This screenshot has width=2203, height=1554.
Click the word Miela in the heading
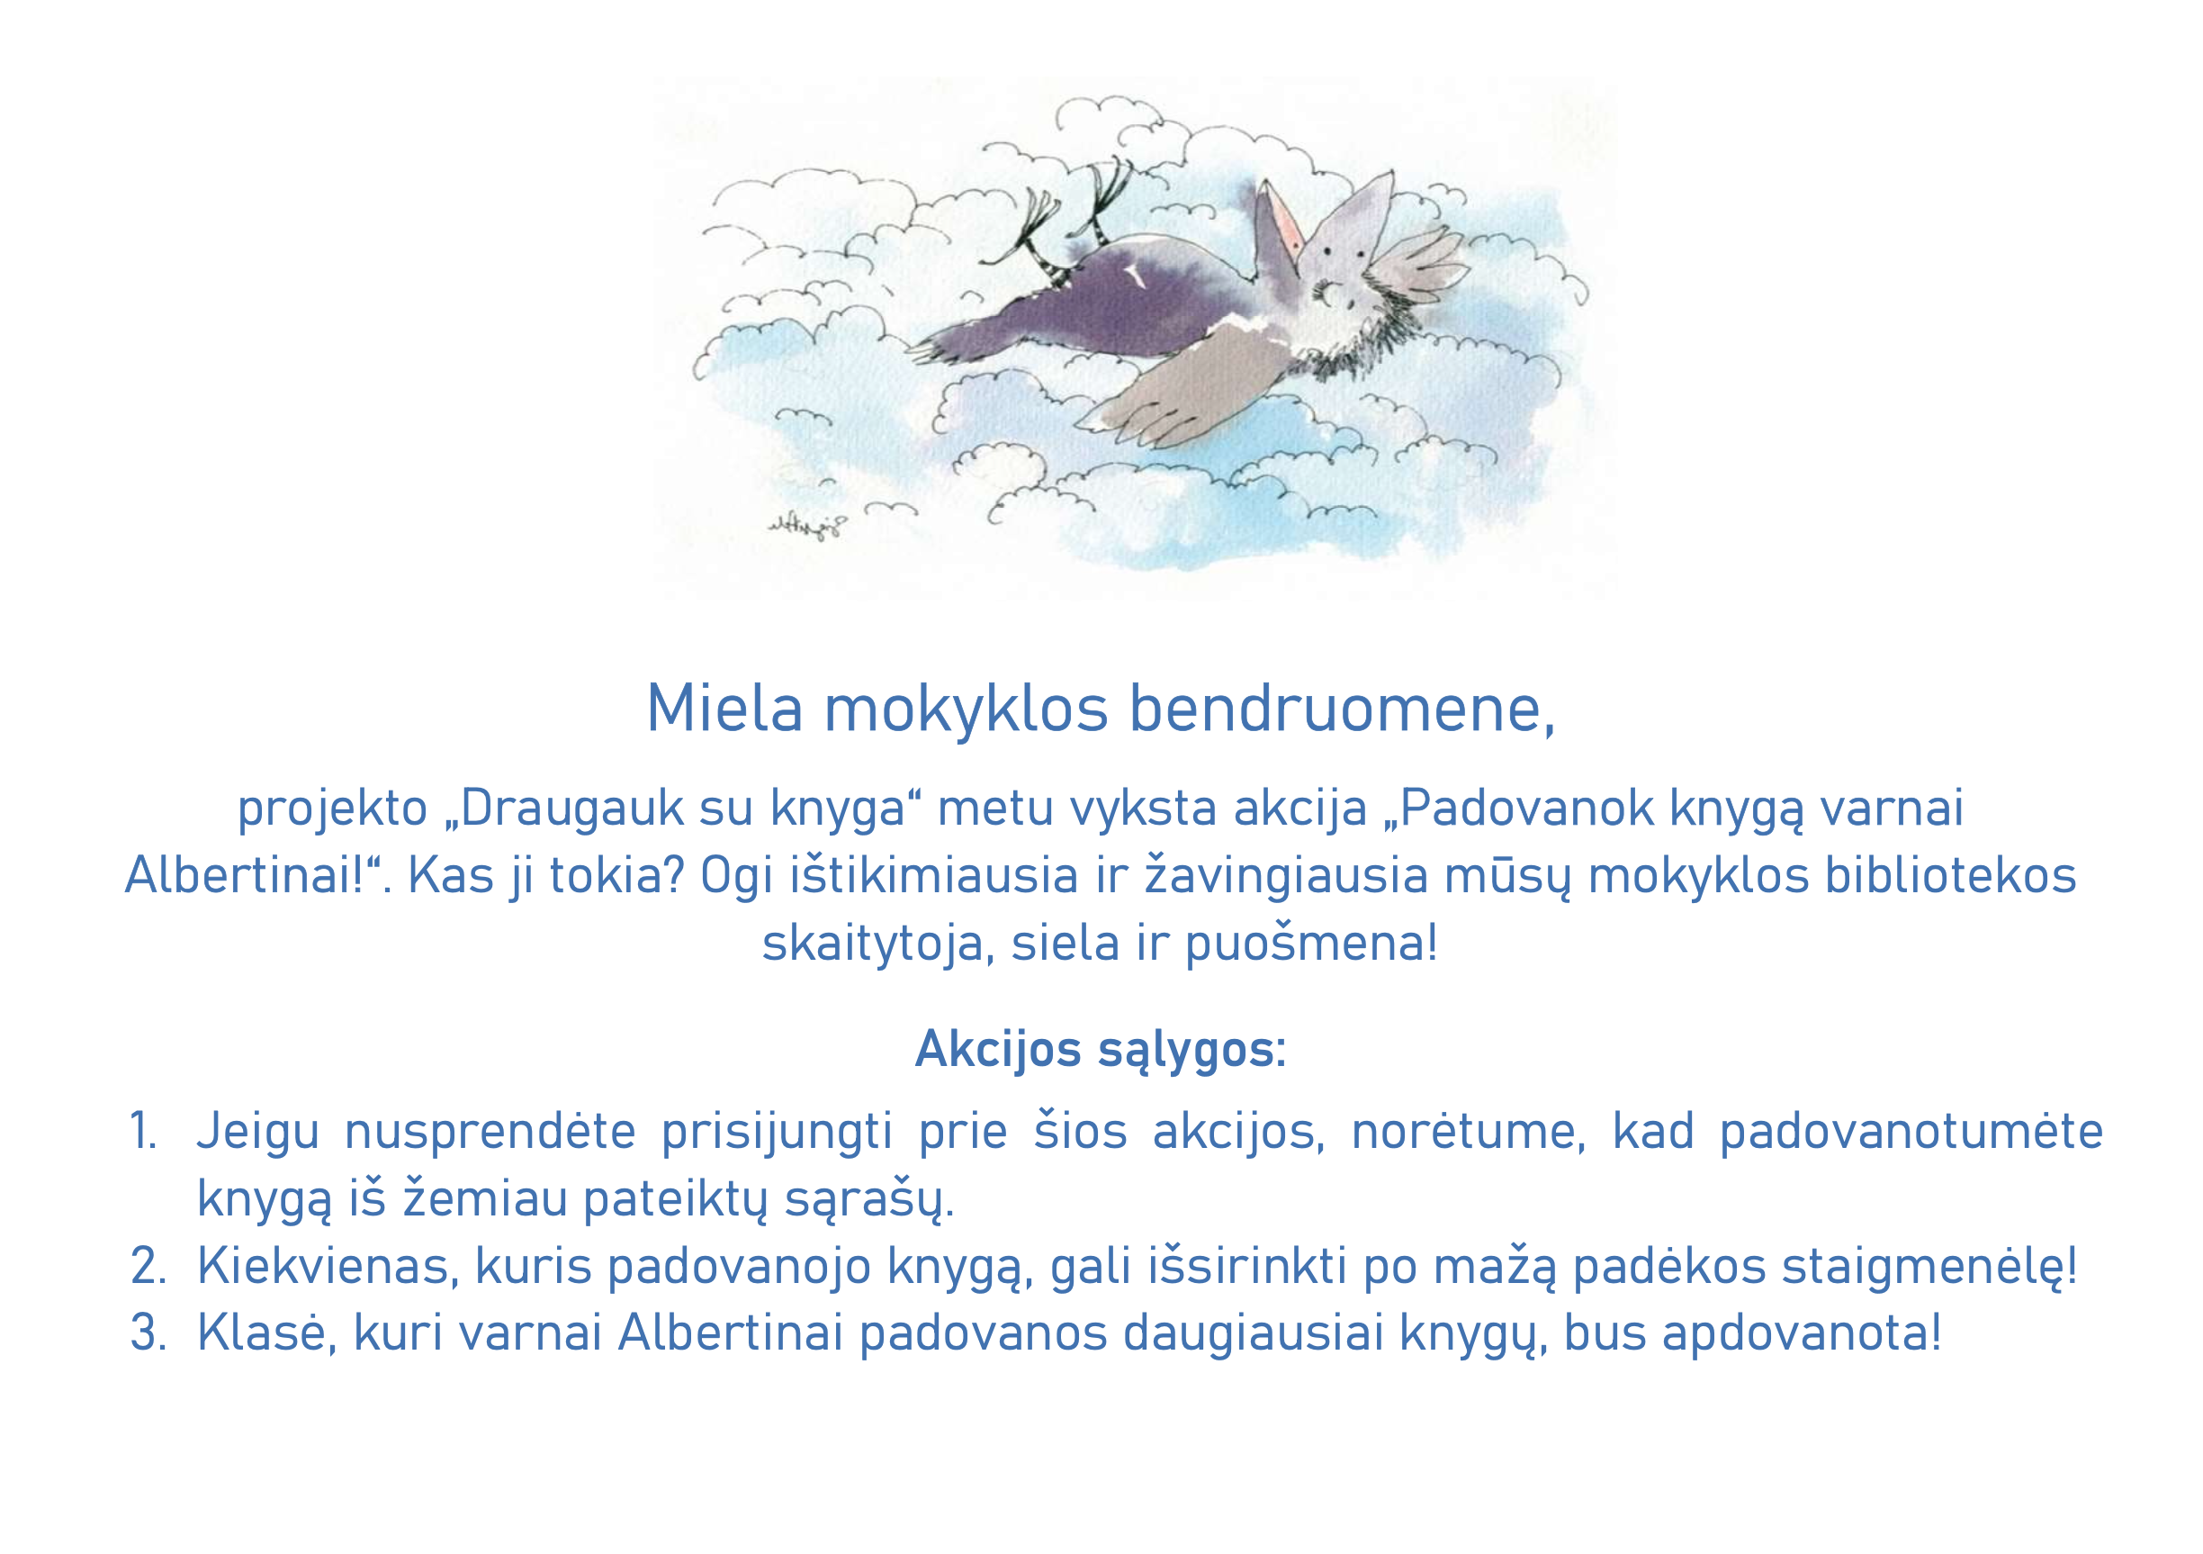(x=724, y=709)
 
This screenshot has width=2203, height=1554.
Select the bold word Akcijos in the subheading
(x=998, y=1049)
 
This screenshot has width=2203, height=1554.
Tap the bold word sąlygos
(x=1185, y=1049)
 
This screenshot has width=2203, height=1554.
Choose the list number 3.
(x=148, y=1333)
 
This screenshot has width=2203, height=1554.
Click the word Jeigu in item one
(x=257, y=1133)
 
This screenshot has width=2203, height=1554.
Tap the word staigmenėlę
(x=1928, y=1267)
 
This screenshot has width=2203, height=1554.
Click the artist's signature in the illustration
(x=807, y=526)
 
